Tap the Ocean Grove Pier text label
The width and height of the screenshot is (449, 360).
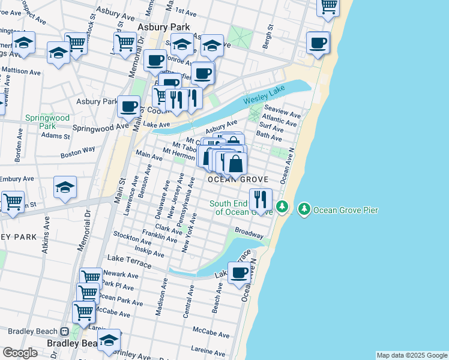342,209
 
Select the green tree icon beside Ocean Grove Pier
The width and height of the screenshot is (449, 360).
304,209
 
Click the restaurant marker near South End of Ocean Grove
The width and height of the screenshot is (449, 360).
261,199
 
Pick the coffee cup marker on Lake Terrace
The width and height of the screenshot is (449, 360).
240,273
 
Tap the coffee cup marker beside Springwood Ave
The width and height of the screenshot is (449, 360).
128,106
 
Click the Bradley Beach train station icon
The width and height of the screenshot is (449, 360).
64,331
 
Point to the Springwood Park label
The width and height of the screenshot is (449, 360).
47,122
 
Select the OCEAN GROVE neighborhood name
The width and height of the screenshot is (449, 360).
237,179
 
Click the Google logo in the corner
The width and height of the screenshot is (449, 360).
20,353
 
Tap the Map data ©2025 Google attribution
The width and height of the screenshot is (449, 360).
411,355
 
